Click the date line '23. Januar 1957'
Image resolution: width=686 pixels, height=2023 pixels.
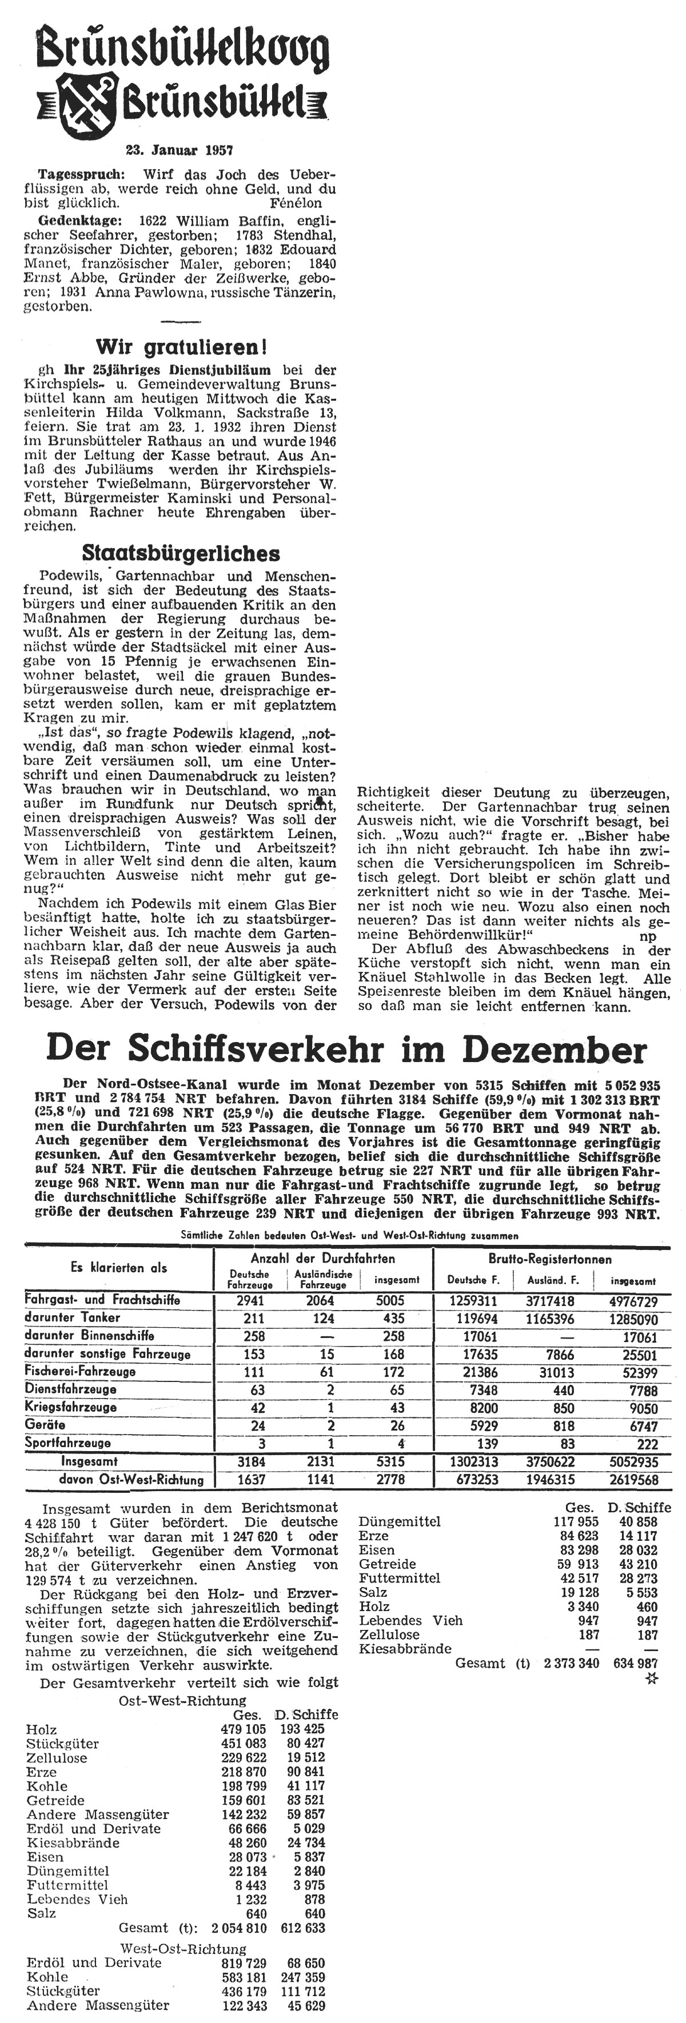(180, 149)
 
